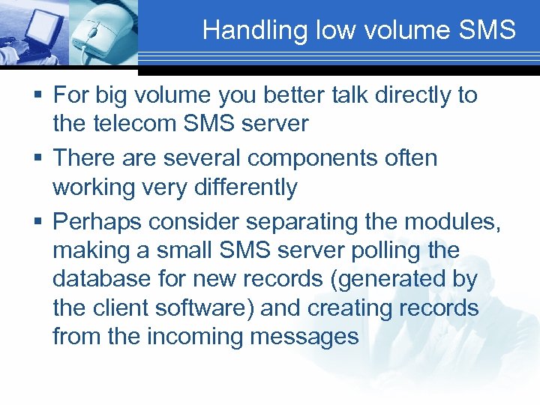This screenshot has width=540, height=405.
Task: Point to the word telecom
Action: pyautogui.click(x=136, y=123)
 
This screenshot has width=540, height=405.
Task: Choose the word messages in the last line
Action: pyautogui.click(x=304, y=337)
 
